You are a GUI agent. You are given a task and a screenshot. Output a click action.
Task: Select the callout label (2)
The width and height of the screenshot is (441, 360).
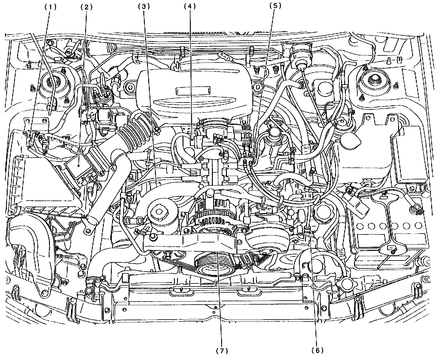pos(86,7)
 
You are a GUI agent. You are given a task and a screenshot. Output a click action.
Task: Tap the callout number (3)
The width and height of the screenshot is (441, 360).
pos(144,7)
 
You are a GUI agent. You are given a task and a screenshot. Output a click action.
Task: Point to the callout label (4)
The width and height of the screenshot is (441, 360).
pos(190,6)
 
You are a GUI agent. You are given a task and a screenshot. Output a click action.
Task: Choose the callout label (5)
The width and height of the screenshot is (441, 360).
pos(275,6)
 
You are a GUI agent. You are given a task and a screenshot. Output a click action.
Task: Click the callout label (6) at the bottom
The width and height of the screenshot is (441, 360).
pos(317,350)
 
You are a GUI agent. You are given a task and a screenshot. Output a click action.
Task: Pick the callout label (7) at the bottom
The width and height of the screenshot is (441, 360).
pos(222,351)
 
